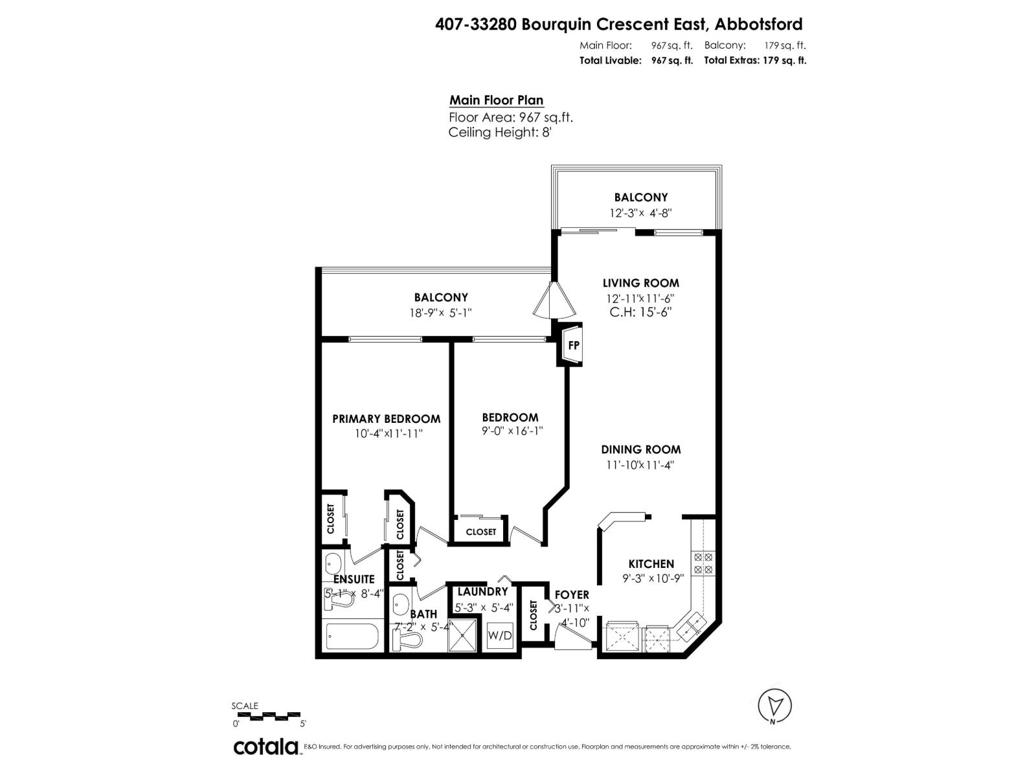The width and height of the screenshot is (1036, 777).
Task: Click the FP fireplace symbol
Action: [573, 345]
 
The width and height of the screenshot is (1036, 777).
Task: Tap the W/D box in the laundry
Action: [499, 635]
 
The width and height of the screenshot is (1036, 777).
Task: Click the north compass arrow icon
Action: [775, 705]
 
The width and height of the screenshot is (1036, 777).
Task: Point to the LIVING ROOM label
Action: [640, 283]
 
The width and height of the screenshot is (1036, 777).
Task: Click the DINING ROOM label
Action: [640, 449]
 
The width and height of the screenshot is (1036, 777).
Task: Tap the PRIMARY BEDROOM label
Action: [386, 419]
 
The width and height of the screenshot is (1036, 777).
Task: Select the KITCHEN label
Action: [651, 564]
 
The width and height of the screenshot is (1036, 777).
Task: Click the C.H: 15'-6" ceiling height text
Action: [640, 312]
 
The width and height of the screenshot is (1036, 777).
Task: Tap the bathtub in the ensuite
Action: [351, 637]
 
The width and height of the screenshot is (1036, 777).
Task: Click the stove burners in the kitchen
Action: [703, 563]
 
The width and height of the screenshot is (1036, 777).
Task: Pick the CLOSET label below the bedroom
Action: [480, 532]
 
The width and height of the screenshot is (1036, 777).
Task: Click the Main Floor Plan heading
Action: [496, 100]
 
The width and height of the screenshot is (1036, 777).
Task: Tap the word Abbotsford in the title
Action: [758, 25]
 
